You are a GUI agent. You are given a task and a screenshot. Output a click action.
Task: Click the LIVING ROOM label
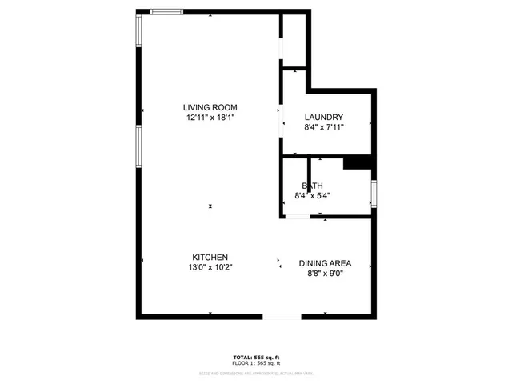click(x=210, y=107)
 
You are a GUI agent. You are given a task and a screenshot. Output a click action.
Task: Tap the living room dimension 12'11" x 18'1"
click(x=210, y=117)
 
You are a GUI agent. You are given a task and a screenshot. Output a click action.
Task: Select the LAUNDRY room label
click(x=324, y=117)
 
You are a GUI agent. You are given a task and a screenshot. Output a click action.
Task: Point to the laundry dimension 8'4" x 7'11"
click(x=324, y=126)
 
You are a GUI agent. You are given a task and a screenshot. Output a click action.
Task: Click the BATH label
click(x=312, y=185)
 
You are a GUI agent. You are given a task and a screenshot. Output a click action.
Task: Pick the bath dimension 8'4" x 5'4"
click(x=312, y=194)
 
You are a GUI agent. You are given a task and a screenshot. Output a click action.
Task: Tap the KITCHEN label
click(x=210, y=258)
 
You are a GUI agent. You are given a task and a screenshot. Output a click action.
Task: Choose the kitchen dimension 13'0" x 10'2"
click(x=210, y=268)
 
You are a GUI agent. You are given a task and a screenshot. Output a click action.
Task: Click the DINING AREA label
click(x=325, y=263)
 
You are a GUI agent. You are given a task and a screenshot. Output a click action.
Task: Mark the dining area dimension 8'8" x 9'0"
click(x=325, y=274)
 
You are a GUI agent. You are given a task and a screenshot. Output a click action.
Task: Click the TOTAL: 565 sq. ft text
click(x=257, y=356)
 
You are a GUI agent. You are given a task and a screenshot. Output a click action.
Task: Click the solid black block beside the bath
click(x=358, y=162)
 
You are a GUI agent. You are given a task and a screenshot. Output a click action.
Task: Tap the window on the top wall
click(x=167, y=11)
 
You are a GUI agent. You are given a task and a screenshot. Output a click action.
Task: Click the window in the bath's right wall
click(x=373, y=194)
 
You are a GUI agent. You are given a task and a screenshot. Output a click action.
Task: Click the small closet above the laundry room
click(x=294, y=40)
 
